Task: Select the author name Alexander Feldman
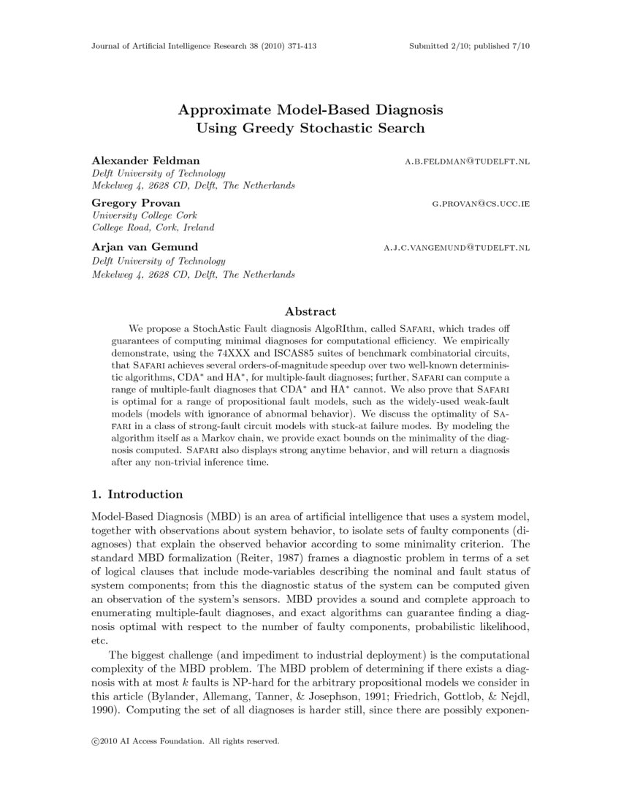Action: (145, 160)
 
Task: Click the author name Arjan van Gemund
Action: (145, 247)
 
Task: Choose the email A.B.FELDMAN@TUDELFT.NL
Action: (467, 161)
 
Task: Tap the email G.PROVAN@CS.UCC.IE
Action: (481, 204)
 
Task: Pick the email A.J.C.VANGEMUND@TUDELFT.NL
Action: (457, 249)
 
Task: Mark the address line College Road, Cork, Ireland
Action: (153, 228)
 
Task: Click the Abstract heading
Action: (310, 311)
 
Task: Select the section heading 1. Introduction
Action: (137, 495)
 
